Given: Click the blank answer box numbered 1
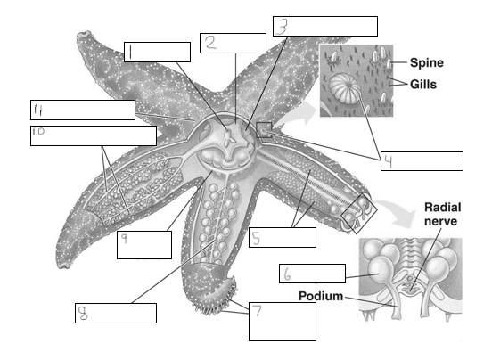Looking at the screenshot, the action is point(157,52).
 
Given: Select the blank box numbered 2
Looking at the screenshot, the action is point(234,43).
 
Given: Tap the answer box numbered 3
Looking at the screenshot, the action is point(325,26).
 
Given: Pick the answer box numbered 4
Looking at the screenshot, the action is point(422,161).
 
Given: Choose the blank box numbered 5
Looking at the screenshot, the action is point(283,237).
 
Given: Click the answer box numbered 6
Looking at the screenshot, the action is point(312,274).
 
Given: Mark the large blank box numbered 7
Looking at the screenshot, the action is point(283,322).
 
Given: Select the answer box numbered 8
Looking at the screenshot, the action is point(116,313).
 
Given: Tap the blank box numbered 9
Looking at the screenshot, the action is point(144,245).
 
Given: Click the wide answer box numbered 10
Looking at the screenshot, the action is point(94,135).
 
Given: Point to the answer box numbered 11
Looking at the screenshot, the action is point(83,110).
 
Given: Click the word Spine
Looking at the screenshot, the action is point(427,62).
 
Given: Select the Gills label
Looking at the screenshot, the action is point(423,84).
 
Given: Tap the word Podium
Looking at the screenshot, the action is point(321,296).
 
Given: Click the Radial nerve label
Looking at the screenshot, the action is point(442,214).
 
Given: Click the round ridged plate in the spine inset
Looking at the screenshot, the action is point(344,88).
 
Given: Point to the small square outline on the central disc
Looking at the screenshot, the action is point(264,130).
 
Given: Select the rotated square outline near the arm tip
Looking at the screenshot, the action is point(359,213).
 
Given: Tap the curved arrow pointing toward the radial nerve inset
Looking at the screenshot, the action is point(396,211).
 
